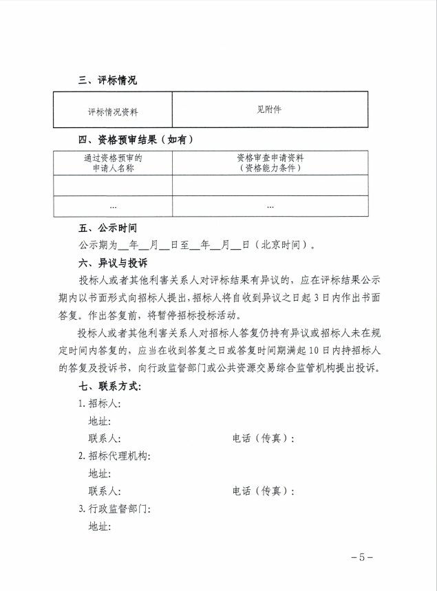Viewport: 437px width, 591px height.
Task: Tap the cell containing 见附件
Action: click(269, 109)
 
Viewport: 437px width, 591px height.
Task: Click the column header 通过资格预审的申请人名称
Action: click(112, 162)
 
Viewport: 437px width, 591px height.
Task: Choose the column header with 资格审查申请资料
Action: click(269, 162)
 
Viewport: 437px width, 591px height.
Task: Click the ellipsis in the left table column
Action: click(112, 206)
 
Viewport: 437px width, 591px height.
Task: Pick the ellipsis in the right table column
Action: click(269, 206)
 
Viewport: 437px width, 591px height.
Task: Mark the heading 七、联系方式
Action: click(109, 387)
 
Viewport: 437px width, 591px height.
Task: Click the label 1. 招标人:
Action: click(99, 404)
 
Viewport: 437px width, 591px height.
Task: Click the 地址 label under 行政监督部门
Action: click(99, 527)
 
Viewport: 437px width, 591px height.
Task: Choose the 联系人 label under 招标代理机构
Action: click(105, 491)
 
